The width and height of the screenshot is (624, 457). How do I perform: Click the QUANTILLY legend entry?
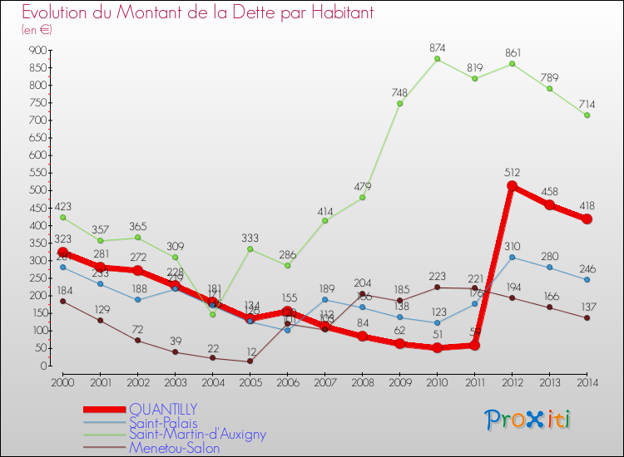tap(163, 409)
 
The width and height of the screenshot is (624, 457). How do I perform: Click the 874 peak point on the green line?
tap(437, 59)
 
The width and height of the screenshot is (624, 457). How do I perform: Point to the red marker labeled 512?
tap(513, 186)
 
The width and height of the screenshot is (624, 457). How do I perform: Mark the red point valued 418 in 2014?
tap(587, 219)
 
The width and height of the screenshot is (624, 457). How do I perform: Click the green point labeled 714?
tap(587, 115)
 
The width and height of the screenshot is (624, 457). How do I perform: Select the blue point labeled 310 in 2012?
tap(513, 257)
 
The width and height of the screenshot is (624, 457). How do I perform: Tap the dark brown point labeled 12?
tap(250, 361)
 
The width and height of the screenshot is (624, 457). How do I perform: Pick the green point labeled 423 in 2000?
tap(62, 217)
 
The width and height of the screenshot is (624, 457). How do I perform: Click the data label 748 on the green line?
tap(399, 92)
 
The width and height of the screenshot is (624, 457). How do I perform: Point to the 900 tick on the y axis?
tap(37, 50)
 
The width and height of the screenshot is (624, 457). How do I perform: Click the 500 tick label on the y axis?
tap(37, 190)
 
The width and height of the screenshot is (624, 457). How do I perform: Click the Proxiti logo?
tap(529, 420)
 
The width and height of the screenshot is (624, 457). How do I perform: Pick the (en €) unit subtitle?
tap(37, 30)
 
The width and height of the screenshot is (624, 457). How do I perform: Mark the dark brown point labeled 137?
tap(587, 317)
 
